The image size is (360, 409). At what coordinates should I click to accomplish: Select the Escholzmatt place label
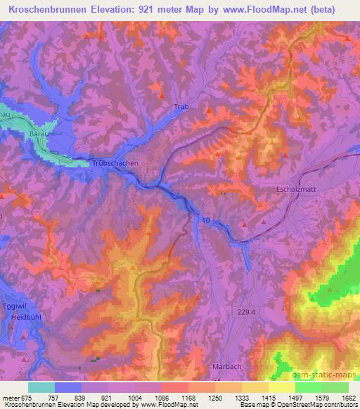tap(298, 189)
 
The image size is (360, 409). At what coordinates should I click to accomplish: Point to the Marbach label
tap(227, 367)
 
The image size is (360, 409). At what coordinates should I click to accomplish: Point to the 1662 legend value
tap(347, 397)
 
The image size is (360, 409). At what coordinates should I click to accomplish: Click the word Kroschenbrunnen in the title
tap(53, 8)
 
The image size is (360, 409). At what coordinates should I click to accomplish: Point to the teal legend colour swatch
tap(41, 387)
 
